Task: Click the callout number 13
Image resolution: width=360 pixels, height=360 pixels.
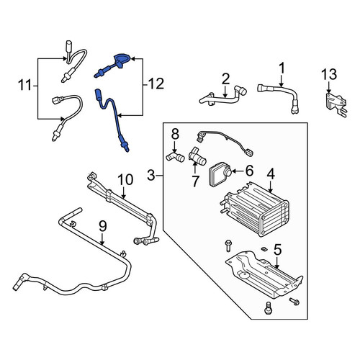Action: coord(329,74)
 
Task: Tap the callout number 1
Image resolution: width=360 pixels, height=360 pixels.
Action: coord(282,68)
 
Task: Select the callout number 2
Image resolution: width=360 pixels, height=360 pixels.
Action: coord(225,79)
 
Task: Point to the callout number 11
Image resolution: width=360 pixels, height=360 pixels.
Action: coord(25,85)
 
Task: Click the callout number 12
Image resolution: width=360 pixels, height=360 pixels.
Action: coord(156,84)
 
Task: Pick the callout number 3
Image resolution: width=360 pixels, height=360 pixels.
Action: coord(151,176)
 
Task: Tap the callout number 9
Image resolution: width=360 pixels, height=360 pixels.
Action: coord(103,227)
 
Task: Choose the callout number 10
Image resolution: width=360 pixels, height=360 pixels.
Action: coord(125,180)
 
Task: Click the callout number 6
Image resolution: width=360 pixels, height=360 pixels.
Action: coord(250,171)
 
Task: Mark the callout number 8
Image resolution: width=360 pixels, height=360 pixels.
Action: coord(175,135)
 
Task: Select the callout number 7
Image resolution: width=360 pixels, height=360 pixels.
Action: coord(195,181)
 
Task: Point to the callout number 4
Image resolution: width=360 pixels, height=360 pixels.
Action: coord(271,174)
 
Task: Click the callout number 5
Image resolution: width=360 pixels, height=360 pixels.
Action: coord(277,250)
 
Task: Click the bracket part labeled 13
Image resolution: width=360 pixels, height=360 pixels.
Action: coord(336,104)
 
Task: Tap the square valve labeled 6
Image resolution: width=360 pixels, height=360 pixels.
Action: coord(220,174)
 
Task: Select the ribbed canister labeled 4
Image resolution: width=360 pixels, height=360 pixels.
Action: coord(254,209)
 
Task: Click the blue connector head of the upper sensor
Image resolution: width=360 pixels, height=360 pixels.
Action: coord(122,60)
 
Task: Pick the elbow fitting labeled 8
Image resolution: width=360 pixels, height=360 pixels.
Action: coord(175,156)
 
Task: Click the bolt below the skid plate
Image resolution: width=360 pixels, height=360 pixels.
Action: coord(268,308)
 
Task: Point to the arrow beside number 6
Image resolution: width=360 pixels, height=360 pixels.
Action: coord(238,171)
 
